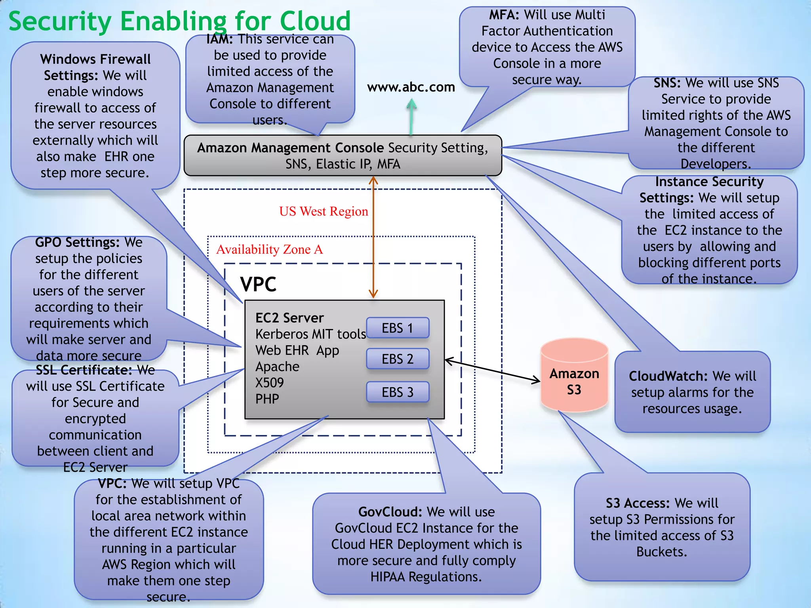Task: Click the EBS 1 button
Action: pyautogui.click(x=398, y=328)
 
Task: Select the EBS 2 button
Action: pyautogui.click(x=398, y=359)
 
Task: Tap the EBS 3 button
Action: pyautogui.click(x=398, y=392)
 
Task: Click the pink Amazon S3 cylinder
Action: pyautogui.click(x=574, y=376)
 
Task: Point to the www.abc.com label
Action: pyautogui.click(x=411, y=87)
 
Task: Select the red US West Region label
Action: pyautogui.click(x=324, y=211)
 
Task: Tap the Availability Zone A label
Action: pyautogui.click(x=270, y=249)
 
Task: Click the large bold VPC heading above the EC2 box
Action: pyautogui.click(x=258, y=284)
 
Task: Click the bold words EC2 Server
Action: pyautogui.click(x=289, y=318)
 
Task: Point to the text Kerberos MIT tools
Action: pyautogui.click(x=310, y=334)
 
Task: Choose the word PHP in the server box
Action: pyautogui.click(x=267, y=399)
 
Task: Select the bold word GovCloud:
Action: pyautogui.click(x=390, y=512)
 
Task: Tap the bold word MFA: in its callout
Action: pyautogui.click(x=504, y=15)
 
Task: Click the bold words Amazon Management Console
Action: pyautogui.click(x=290, y=148)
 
